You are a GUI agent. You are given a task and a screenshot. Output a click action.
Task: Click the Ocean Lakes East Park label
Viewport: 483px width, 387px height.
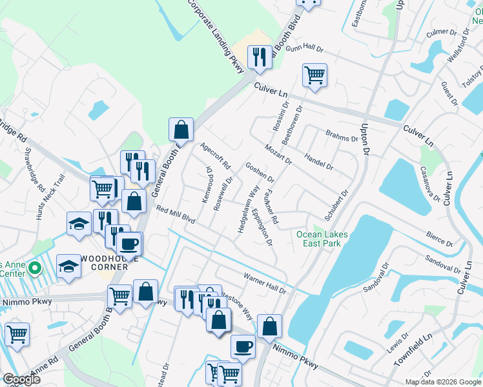(x=322, y=239)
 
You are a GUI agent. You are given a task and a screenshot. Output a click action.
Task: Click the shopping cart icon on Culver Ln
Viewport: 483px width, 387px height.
(x=314, y=75)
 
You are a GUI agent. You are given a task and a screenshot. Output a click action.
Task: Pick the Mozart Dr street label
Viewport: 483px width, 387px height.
(x=278, y=155)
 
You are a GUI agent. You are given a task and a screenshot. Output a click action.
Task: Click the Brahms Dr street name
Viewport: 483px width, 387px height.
(x=342, y=138)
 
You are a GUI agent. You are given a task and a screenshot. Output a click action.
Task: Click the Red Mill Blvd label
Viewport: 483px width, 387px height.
(x=175, y=213)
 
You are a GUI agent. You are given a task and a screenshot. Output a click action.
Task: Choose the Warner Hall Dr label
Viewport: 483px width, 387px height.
(x=264, y=283)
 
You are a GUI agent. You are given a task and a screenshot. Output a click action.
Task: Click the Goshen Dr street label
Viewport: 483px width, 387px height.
(x=260, y=172)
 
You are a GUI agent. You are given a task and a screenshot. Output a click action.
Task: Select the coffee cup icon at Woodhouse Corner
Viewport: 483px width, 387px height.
(x=129, y=243)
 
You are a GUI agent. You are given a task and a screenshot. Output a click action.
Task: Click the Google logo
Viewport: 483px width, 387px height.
(x=21, y=379)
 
